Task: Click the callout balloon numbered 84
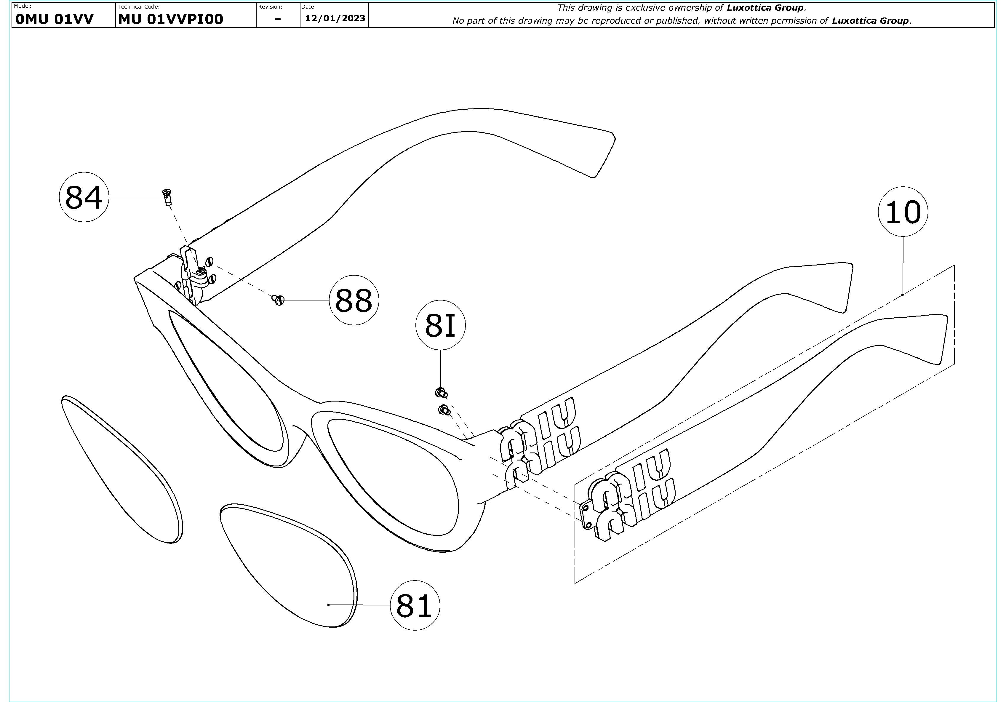click(84, 197)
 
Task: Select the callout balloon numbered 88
click(354, 300)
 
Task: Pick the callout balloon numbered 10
click(903, 212)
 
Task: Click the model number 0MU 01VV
click(54, 19)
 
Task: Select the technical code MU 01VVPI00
click(170, 19)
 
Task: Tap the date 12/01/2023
click(335, 18)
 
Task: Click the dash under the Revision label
click(278, 19)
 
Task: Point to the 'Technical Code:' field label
click(138, 7)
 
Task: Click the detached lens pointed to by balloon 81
click(289, 565)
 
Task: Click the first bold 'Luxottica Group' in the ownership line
click(765, 7)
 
